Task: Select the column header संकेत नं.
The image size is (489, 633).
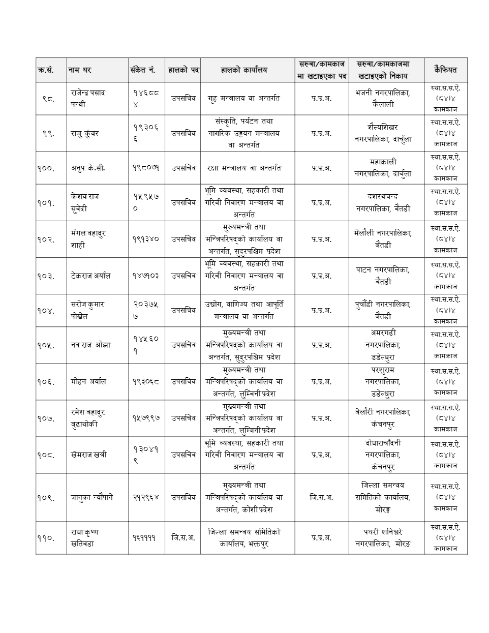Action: click(143, 70)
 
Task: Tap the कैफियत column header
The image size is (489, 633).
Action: click(445, 70)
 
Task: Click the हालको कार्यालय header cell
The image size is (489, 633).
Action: click(244, 70)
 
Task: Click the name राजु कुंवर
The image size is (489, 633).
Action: click(85, 133)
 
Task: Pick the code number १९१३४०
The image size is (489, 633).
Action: click(146, 239)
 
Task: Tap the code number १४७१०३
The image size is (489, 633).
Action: click(146, 276)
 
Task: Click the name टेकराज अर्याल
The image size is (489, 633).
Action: click(90, 276)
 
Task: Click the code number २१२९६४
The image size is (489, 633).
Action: click(146, 497)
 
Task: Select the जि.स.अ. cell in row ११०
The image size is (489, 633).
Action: click(183, 537)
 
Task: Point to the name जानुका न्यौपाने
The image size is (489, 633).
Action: click(92, 497)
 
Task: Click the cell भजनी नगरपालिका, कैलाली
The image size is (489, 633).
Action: click(382, 99)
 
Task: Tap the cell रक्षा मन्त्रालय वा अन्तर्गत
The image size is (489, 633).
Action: click(244, 168)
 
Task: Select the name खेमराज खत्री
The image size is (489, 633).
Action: click(89, 455)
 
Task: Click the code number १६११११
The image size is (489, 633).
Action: click(144, 537)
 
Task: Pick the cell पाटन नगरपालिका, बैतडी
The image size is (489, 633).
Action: click(382, 276)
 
